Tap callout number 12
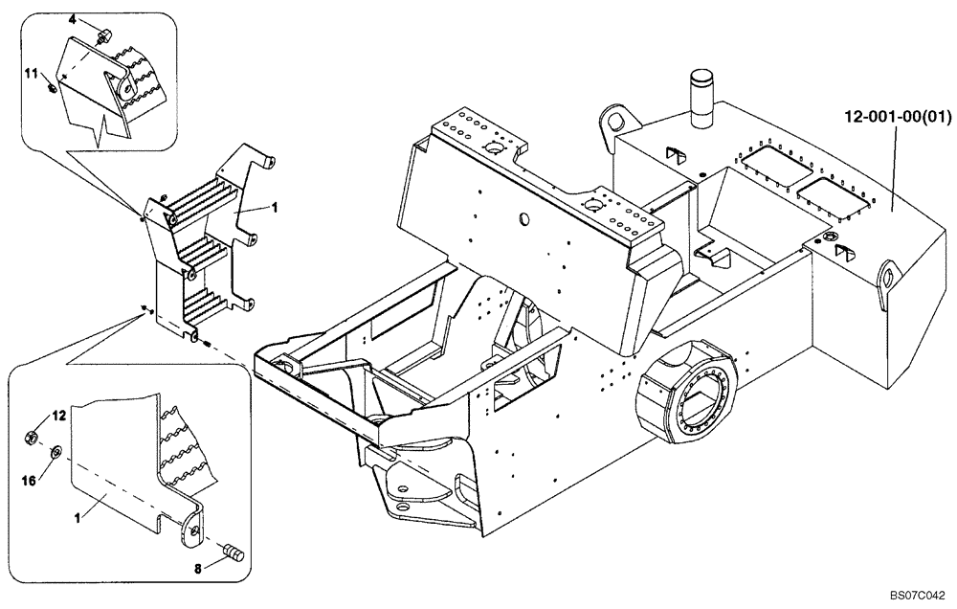(58, 416)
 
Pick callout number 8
(199, 566)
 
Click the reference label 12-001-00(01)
(897, 118)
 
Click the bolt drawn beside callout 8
(232, 551)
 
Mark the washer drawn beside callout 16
(55, 450)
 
